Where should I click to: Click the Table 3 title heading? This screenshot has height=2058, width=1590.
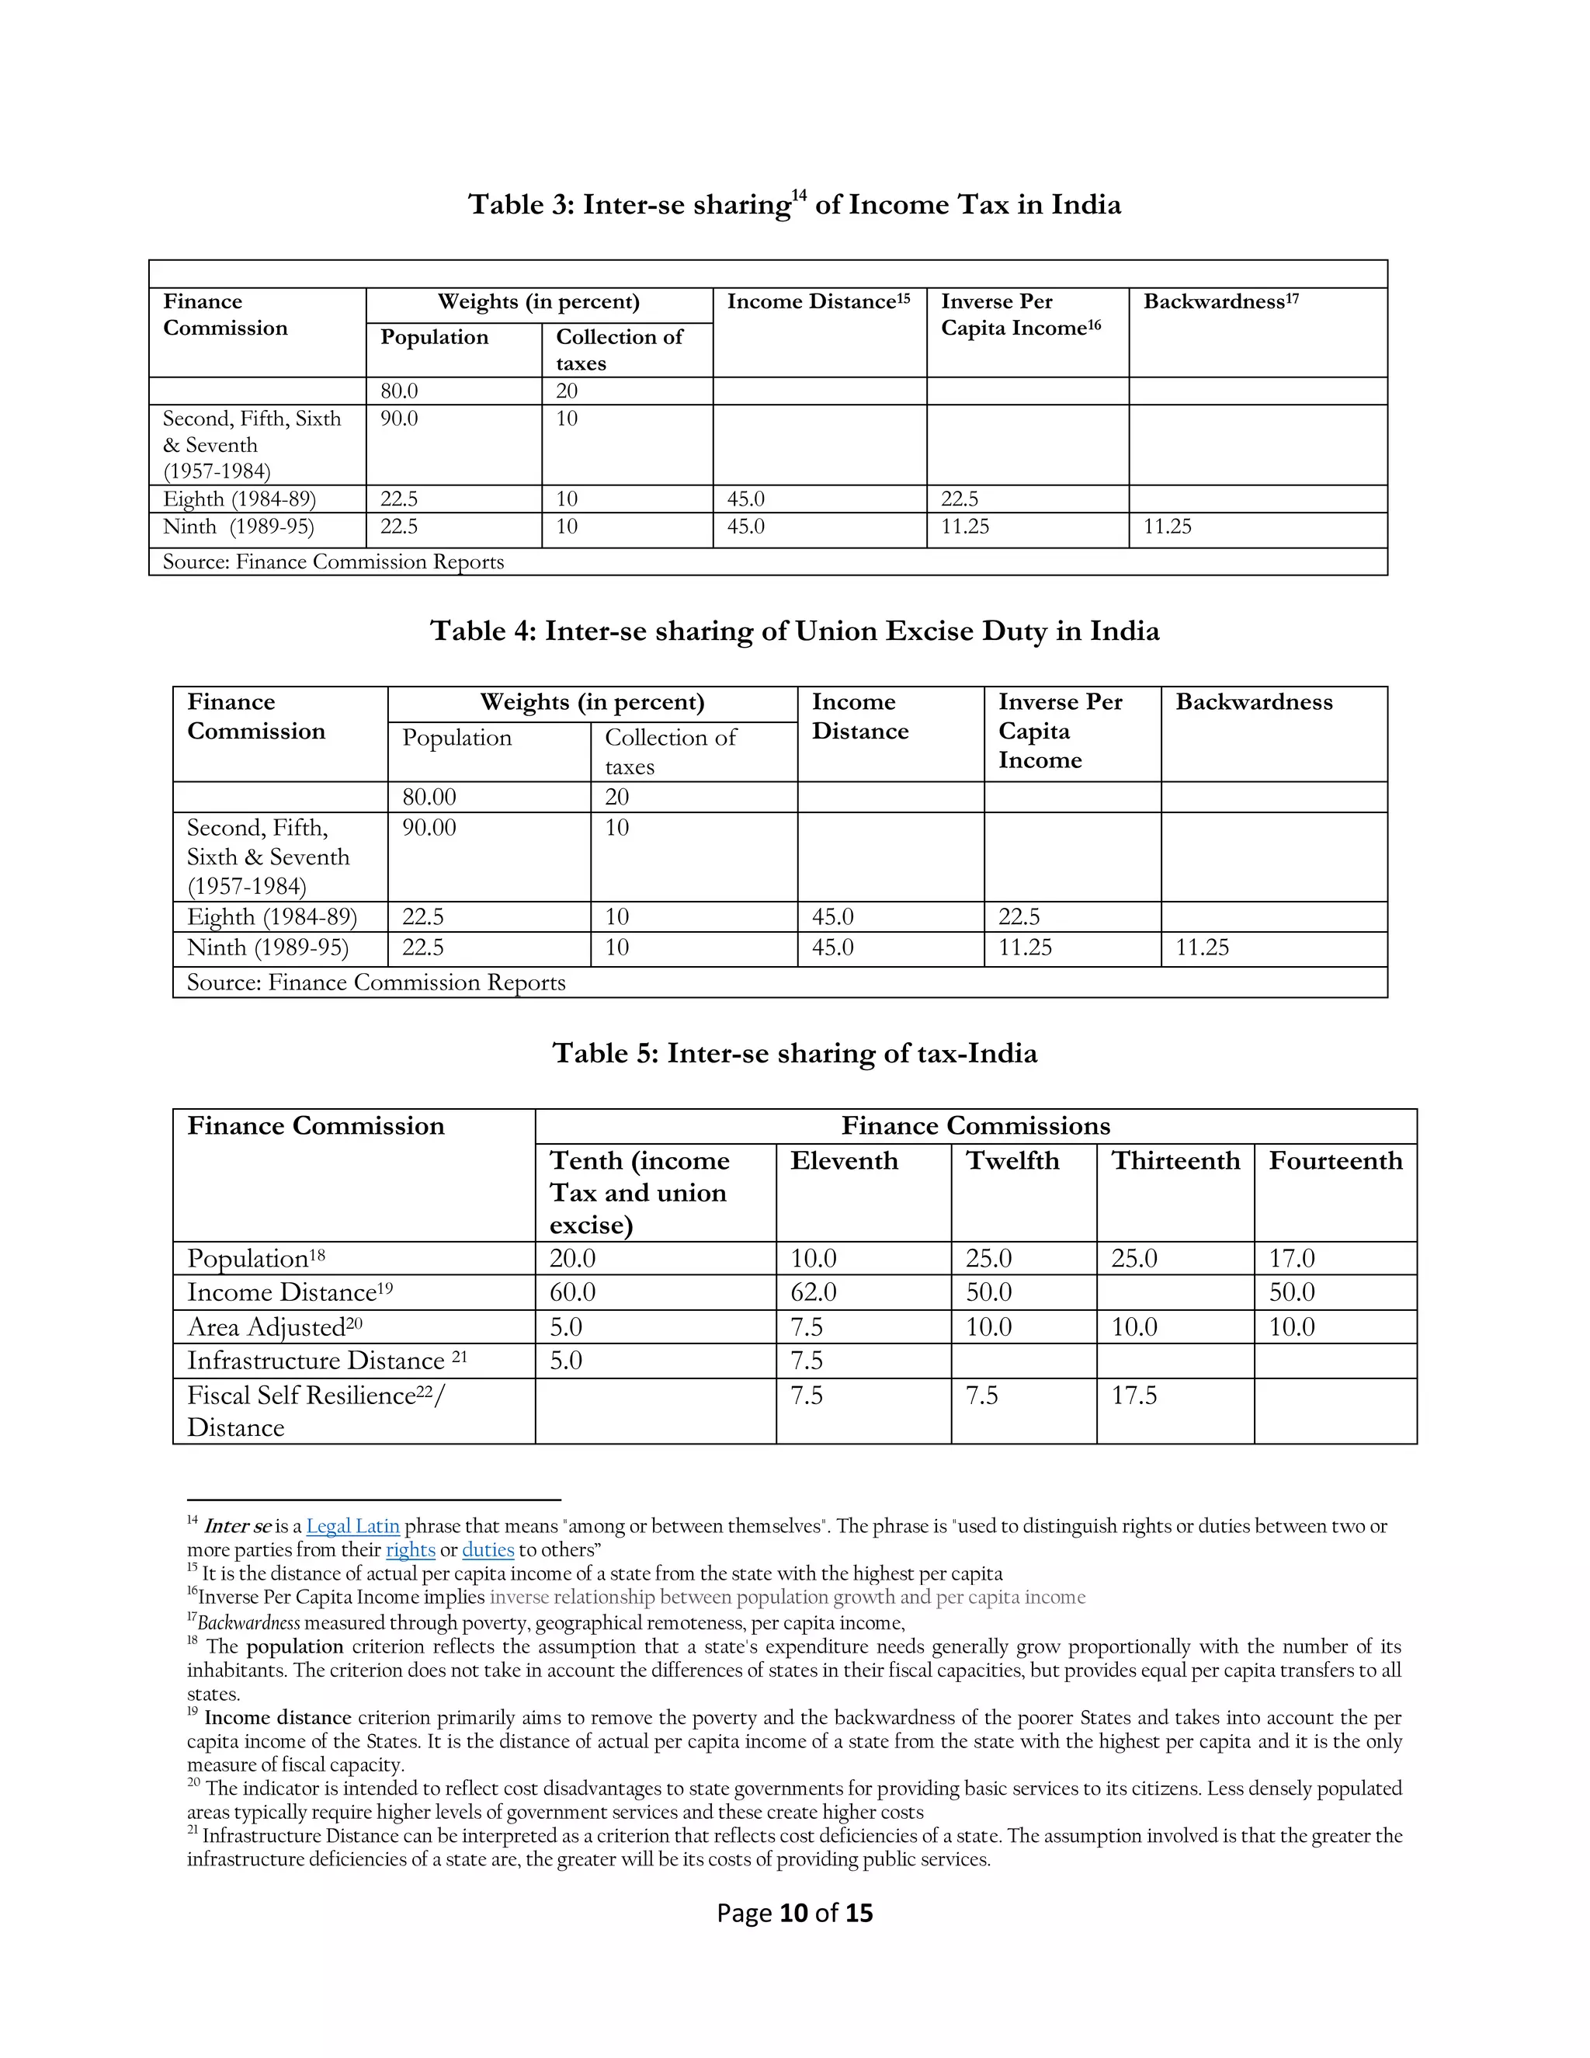(794, 204)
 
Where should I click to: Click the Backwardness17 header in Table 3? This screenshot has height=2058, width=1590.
(1220, 301)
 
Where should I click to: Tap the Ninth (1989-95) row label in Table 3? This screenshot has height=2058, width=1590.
(238, 527)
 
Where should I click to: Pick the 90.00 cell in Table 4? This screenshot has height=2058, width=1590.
(429, 827)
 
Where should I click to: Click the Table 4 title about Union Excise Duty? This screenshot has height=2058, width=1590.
(794, 631)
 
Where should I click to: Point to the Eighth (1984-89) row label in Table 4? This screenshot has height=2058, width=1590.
(271, 917)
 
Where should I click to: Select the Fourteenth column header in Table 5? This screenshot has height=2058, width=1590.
(1335, 1161)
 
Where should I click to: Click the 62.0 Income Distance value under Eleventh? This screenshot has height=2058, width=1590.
(813, 1292)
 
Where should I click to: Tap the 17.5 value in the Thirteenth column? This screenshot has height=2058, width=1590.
(1133, 1396)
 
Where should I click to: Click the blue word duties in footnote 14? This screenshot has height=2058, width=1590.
(488, 1550)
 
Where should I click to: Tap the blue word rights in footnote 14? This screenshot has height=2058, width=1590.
(411, 1550)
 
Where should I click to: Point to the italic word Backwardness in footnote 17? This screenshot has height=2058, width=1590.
(248, 1622)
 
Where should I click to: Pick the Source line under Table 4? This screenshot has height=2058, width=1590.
(376, 983)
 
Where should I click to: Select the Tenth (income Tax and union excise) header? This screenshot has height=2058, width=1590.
(640, 1192)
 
